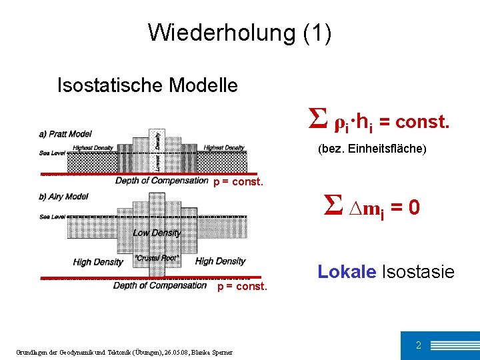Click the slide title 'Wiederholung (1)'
point(239,33)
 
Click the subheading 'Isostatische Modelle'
point(147,85)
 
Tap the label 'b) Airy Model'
point(63,197)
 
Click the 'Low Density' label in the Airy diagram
point(157,233)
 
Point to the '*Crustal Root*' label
point(157,257)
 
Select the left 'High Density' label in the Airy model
point(98,262)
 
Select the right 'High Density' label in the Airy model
point(220,261)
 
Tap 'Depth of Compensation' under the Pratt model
point(162,181)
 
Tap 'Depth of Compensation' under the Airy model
point(160,285)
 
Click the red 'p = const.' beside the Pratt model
point(238,182)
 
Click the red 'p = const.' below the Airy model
point(243,287)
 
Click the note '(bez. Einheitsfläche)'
point(372,149)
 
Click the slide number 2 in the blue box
point(418,345)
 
